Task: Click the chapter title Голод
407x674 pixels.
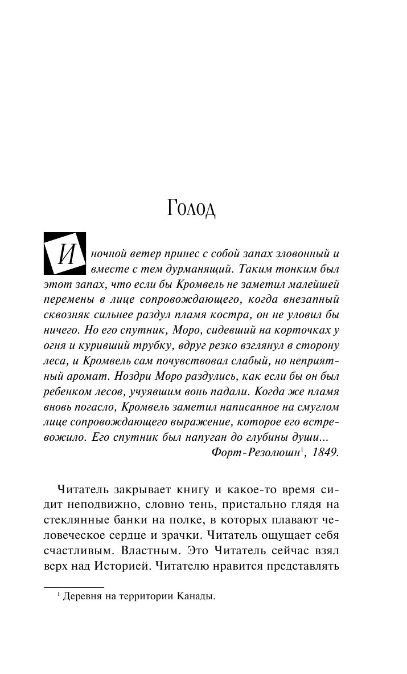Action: [192, 208]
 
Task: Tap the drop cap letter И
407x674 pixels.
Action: [64, 253]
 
